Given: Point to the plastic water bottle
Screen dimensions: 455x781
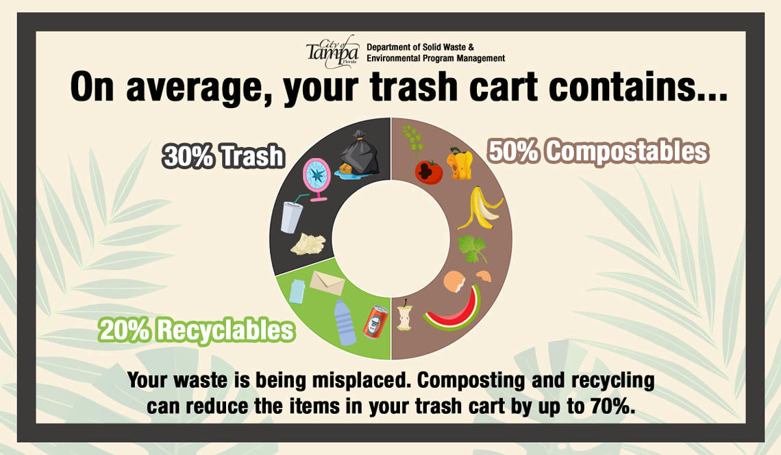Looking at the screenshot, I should click(345, 322).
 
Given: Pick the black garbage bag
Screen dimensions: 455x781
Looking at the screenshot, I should click(359, 153).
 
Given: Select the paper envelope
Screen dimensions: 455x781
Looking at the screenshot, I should click(327, 283).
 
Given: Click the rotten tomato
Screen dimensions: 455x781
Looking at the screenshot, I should click(428, 172).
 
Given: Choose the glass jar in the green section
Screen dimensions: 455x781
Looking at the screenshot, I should click(297, 291).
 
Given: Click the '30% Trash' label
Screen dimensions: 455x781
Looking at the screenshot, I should click(223, 157).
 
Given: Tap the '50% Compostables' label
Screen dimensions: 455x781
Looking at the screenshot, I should click(597, 151).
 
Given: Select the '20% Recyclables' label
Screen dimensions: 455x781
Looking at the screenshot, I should click(197, 330).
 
